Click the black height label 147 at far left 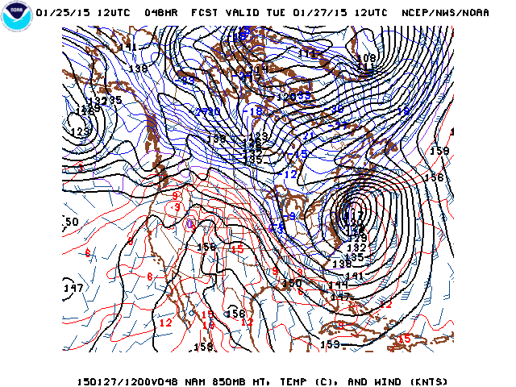[73, 288]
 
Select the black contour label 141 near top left [128, 47]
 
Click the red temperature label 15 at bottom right [405, 339]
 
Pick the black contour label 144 [339, 285]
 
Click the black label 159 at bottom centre [331, 345]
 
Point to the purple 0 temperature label [191, 223]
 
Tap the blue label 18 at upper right [404, 110]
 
